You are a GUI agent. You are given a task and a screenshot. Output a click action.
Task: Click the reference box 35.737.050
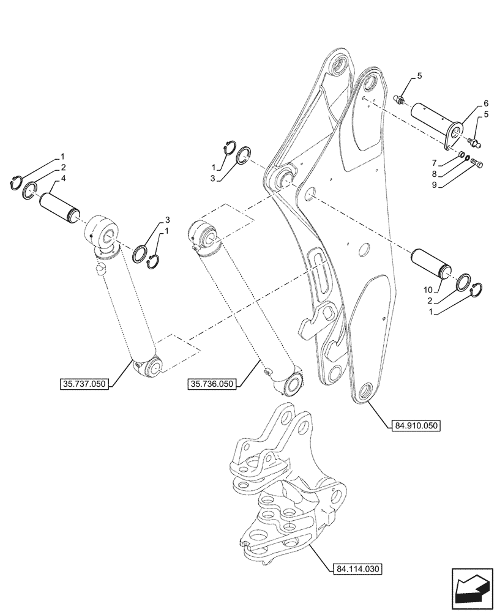click(x=85, y=384)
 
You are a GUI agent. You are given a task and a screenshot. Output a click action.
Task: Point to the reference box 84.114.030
click(x=359, y=569)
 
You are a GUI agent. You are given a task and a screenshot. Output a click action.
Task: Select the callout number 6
click(x=486, y=103)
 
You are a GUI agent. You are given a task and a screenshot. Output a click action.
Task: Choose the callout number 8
click(x=428, y=289)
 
